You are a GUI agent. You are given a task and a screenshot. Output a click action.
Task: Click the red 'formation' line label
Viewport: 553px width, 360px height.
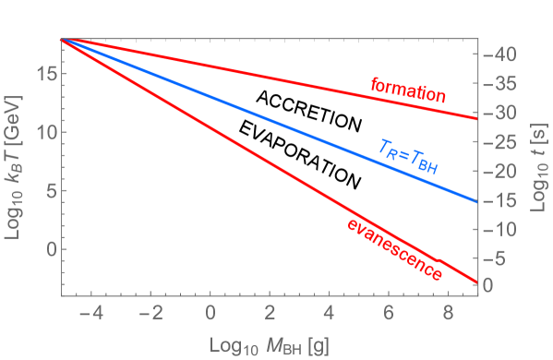(408, 90)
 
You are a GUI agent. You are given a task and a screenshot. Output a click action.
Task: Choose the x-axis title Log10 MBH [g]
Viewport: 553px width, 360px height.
(269, 344)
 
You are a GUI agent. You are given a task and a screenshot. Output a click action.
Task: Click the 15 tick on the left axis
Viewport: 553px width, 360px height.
(42, 73)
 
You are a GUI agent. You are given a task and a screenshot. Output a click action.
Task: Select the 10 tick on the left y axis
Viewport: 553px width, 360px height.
(42, 132)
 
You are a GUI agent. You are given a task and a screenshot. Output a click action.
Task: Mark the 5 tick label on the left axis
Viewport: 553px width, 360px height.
(46, 190)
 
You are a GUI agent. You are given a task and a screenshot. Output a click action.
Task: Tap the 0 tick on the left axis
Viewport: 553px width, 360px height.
(46, 249)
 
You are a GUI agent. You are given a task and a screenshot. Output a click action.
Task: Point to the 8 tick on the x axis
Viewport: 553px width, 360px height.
(447, 314)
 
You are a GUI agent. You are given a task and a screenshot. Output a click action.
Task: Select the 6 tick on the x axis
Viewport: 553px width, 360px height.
(388, 314)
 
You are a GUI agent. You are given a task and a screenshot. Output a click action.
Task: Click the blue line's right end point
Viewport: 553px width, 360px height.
(476, 201)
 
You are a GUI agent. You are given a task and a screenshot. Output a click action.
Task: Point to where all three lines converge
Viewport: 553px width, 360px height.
(62, 40)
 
